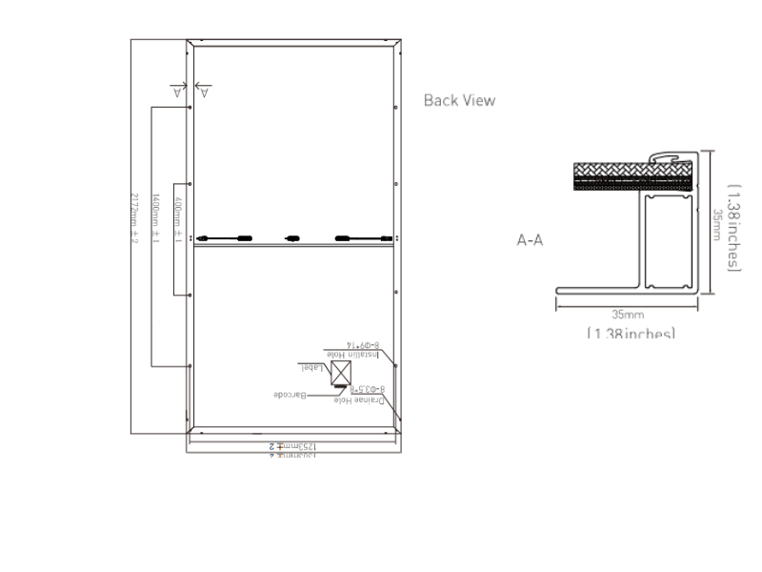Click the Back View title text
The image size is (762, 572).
(459, 100)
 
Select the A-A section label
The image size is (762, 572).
(530, 241)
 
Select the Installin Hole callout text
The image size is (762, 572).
(352, 356)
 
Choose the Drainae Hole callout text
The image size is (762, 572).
(357, 400)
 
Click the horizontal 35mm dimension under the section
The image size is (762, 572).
(628, 313)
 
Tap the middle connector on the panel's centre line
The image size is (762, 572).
(291, 237)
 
